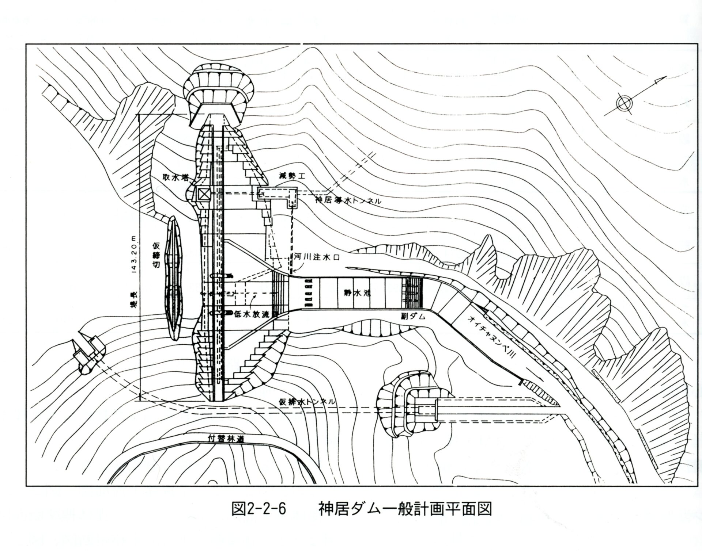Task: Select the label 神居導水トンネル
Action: pyautogui.click(x=348, y=200)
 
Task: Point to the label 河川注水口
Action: pyautogui.click(x=317, y=257)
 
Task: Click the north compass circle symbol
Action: pyautogui.click(x=622, y=103)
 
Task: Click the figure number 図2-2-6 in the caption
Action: pyautogui.click(x=258, y=509)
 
